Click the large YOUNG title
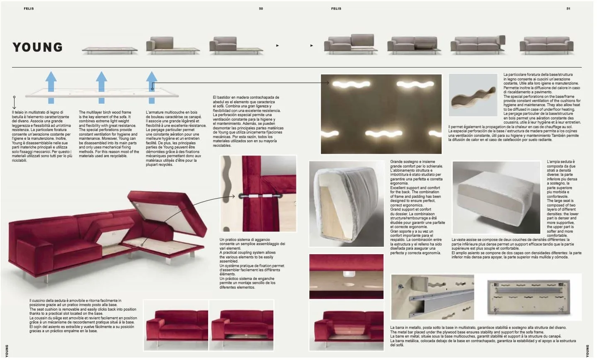click(38, 47)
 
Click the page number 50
click(261, 9)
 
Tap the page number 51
click(568, 9)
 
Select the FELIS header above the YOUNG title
click(29, 9)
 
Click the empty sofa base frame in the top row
click(110, 50)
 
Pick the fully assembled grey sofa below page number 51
click(546, 45)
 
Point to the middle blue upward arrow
click(102, 87)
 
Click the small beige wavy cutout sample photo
click(473, 95)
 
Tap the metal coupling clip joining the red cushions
click(261, 196)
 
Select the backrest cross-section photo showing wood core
click(347, 204)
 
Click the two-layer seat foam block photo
click(496, 197)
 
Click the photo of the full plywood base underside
click(528, 297)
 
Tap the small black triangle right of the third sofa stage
click(277, 46)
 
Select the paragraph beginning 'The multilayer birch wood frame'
click(109, 134)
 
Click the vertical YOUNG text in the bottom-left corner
click(7, 350)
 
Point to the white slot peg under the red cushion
click(347, 274)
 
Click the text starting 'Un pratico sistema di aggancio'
click(252, 263)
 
